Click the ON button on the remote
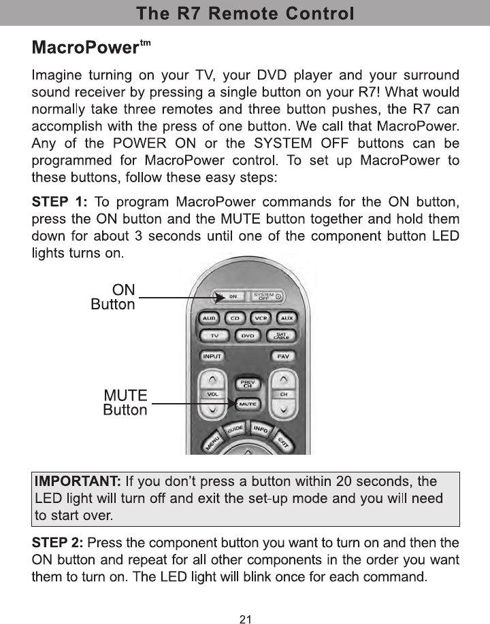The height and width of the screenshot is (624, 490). pos(233,296)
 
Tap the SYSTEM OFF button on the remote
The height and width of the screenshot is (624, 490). pos(267,296)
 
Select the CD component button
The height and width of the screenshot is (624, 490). pos(235,317)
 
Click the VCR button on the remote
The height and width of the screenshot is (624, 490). pos(261,317)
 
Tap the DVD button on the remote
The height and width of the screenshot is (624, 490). pos(248,336)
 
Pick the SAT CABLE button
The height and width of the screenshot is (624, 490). pos(280,336)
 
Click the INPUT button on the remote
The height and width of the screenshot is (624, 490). pos(212,356)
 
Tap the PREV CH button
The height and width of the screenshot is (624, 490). pos(248,384)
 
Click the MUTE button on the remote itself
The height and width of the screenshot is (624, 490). pos(248,404)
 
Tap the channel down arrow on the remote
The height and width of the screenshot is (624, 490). pos(284,410)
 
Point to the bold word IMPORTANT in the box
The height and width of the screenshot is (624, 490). pos(78,483)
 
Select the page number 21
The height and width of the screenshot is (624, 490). pos(245,619)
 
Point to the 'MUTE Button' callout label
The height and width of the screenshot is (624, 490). pos(125,402)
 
